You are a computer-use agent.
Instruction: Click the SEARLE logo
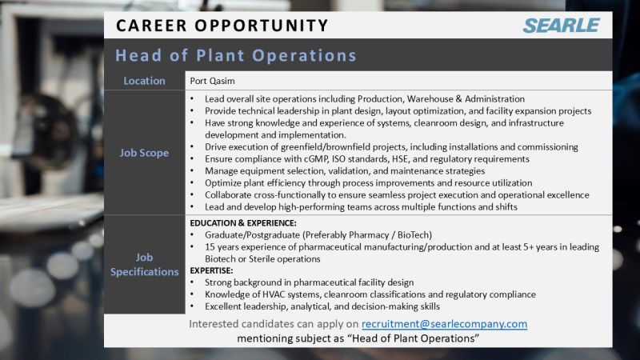click(562, 25)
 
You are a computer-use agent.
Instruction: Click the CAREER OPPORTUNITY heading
click(222, 25)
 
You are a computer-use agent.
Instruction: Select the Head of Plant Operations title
click(235, 56)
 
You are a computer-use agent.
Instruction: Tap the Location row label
click(144, 81)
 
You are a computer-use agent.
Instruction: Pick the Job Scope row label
click(144, 153)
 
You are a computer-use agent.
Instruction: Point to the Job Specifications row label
click(144, 265)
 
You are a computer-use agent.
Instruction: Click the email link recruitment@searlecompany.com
click(444, 324)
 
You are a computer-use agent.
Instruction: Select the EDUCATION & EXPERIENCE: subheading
click(243, 222)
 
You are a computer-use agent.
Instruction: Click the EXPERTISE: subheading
click(211, 270)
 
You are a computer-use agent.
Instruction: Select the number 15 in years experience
click(210, 246)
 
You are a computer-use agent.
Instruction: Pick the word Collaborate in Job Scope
click(233, 194)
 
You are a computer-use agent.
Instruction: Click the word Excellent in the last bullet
click(226, 306)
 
